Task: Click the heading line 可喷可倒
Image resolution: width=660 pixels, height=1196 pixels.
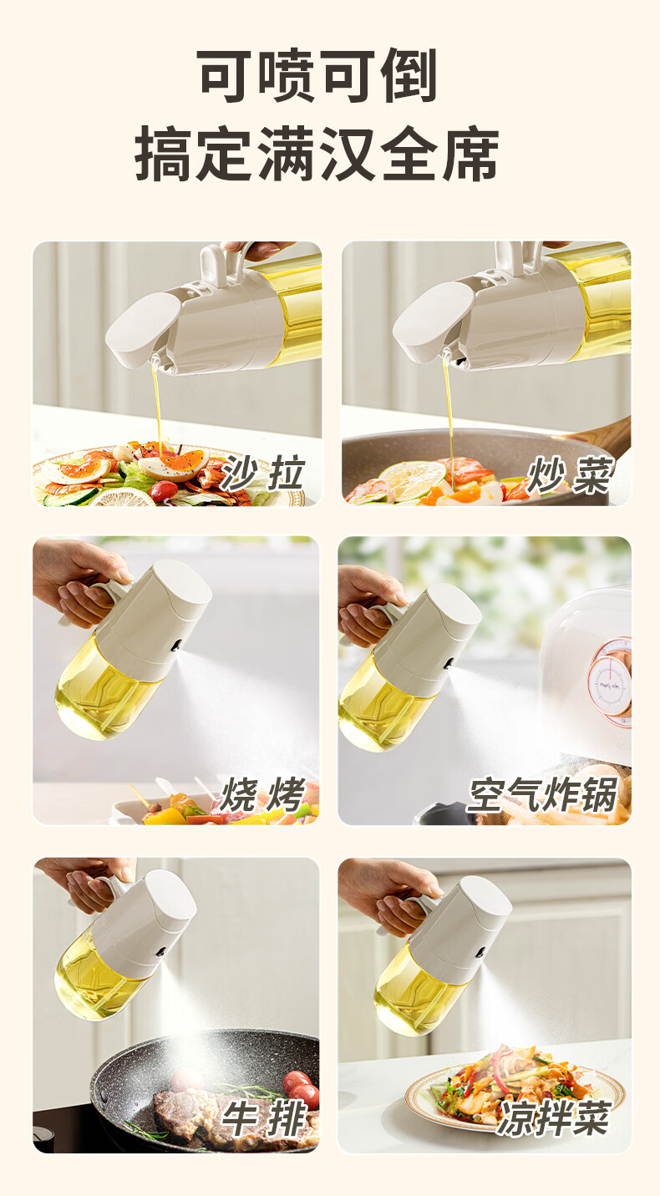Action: point(317,75)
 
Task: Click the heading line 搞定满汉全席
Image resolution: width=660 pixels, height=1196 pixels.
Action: point(317,154)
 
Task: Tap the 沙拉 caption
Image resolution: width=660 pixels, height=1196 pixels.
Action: point(262,473)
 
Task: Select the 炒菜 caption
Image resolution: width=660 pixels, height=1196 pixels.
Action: point(569,474)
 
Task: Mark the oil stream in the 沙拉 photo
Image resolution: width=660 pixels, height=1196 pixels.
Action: point(158,406)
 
